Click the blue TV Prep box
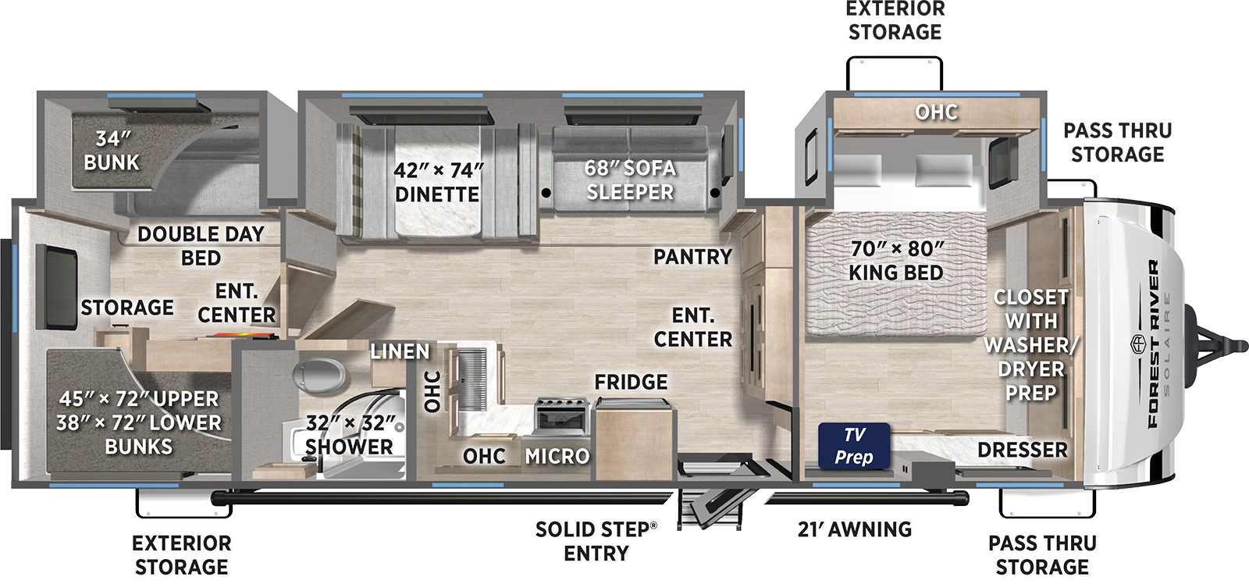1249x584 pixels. click(854, 446)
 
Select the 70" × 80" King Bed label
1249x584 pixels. click(896, 261)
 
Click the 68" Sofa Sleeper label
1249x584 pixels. click(630, 180)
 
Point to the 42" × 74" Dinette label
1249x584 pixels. click(437, 182)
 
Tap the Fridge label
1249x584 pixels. click(631, 382)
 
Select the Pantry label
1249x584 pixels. click(692, 256)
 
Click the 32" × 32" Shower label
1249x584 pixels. click(349, 435)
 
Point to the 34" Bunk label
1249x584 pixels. click(112, 151)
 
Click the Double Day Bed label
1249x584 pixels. click(201, 245)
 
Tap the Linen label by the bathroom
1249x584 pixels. click(400, 351)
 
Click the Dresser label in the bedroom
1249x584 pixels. click(1022, 450)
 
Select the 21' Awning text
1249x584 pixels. click(855, 529)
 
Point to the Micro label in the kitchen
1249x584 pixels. click(557, 456)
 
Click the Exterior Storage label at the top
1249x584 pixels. click(895, 20)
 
